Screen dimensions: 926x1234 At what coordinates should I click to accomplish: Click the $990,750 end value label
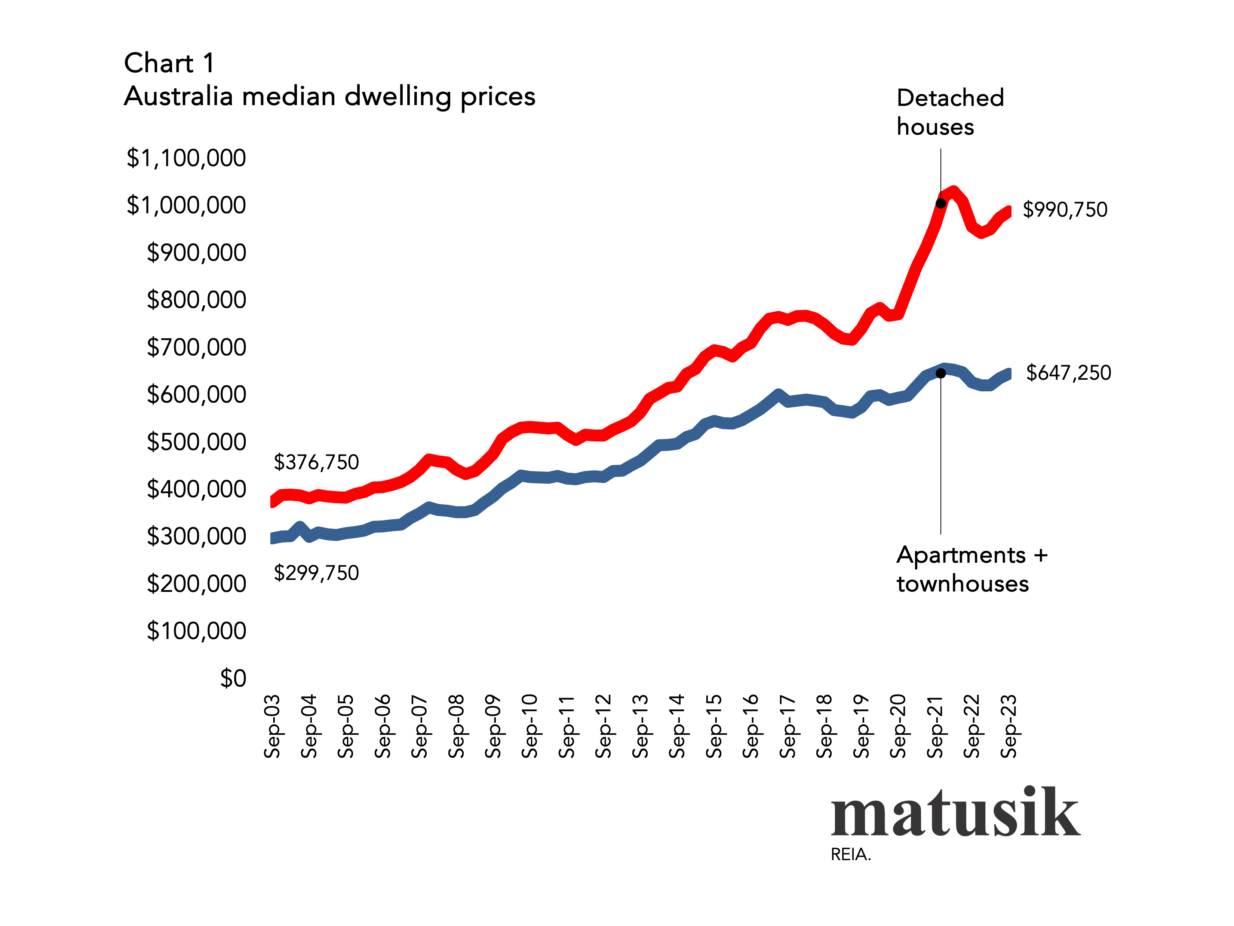[1064, 210]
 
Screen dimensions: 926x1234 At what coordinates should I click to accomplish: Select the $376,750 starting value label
[316, 462]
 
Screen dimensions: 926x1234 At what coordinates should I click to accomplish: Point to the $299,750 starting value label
[316, 573]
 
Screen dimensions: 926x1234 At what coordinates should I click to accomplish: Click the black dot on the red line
[940, 203]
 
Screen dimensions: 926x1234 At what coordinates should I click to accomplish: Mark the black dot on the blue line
[940, 373]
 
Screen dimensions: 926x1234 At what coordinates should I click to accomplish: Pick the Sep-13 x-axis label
[641, 726]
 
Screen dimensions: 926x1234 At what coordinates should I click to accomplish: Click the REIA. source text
[850, 855]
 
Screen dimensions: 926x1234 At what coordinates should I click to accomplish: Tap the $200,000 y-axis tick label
[196, 584]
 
